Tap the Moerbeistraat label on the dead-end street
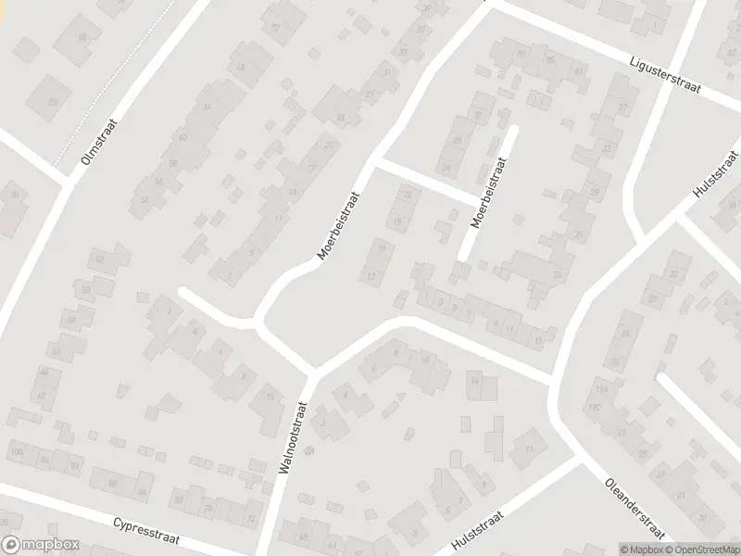click(491, 193)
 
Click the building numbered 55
click(82, 37)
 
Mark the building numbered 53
click(53, 101)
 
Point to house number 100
click(16, 450)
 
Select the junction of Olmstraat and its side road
click(67, 182)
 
